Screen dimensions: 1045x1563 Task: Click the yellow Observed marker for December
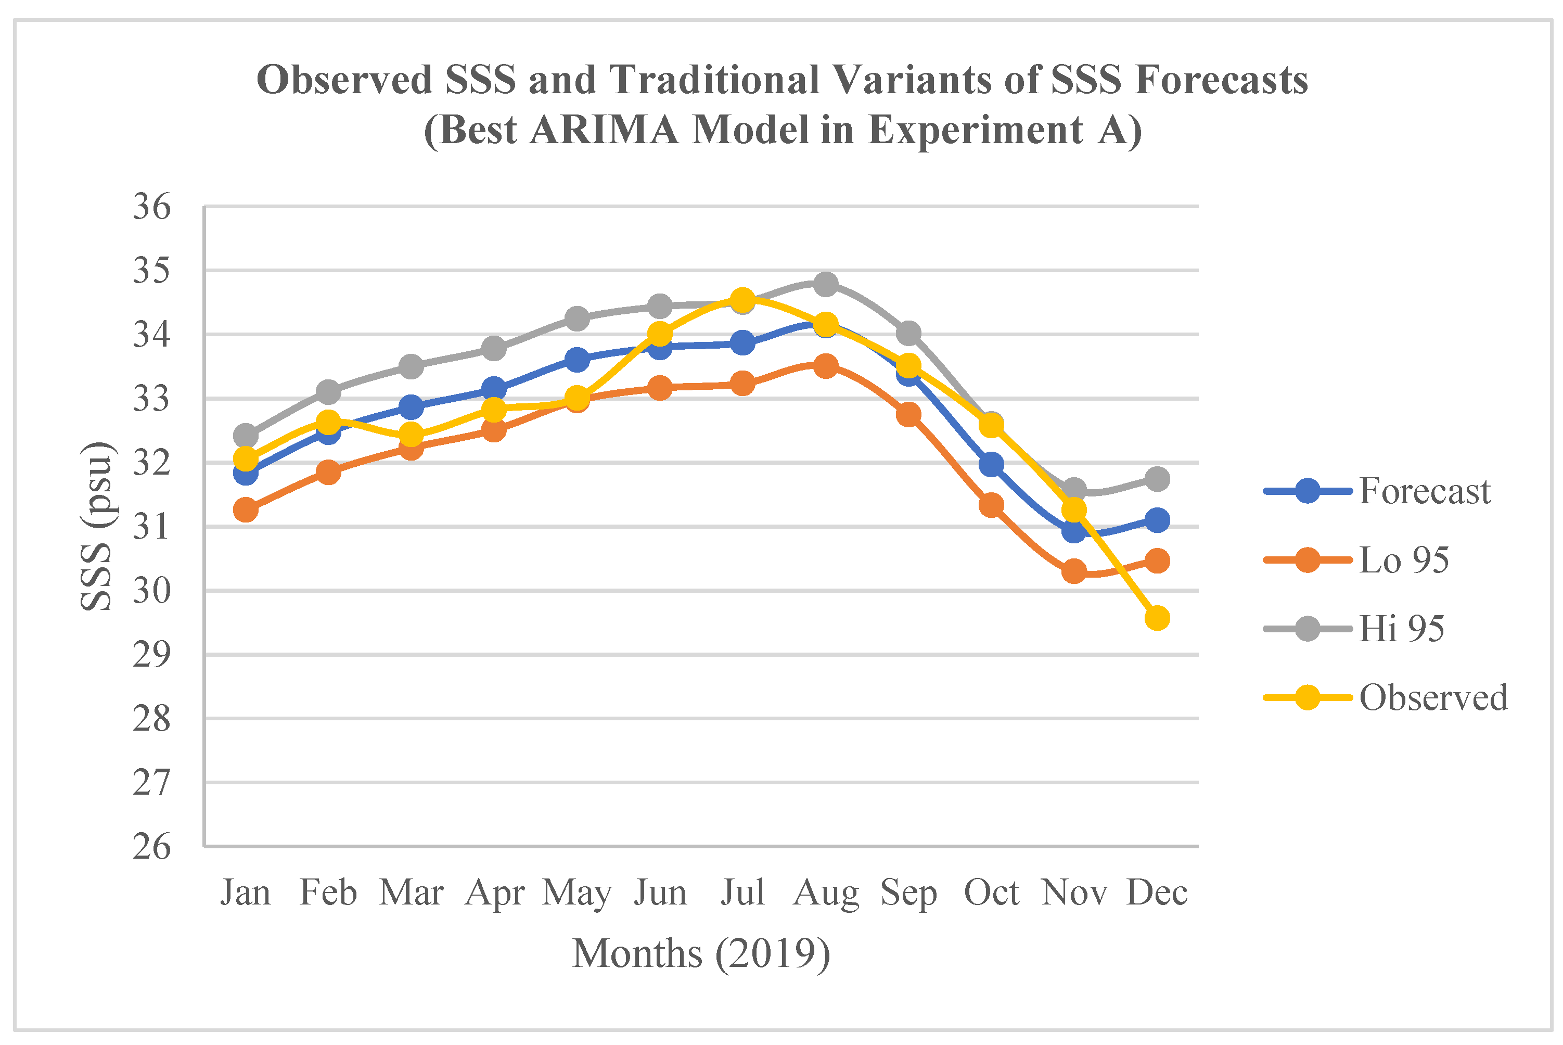click(x=1157, y=618)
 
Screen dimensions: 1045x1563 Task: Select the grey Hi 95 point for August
click(x=826, y=285)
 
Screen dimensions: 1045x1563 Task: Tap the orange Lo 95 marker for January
click(x=246, y=510)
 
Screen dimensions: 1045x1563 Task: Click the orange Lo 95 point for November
click(x=1074, y=570)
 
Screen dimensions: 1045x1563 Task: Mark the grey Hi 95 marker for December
click(x=1157, y=478)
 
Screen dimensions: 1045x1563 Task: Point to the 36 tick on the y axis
click(x=152, y=207)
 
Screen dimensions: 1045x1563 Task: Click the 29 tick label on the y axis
click(x=152, y=655)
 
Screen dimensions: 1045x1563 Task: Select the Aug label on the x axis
click(x=826, y=893)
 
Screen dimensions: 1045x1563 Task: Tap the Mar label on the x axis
click(x=411, y=893)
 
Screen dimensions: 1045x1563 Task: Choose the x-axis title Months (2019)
click(x=701, y=953)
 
